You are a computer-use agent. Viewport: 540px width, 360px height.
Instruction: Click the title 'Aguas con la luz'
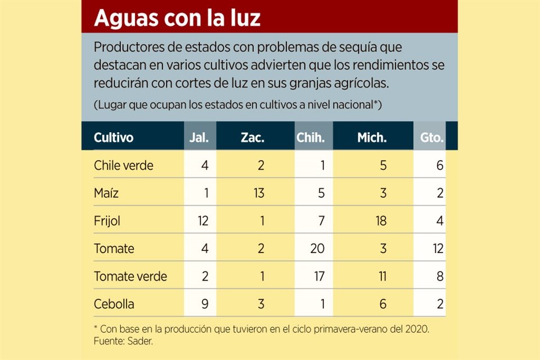(177, 18)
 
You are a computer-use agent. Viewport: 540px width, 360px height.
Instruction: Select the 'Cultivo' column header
(114, 137)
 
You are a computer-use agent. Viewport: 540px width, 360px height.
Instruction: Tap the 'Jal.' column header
(200, 137)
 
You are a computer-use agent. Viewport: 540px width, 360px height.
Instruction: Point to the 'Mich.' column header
(372, 137)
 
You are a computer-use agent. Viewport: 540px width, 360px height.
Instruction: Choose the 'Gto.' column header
(432, 137)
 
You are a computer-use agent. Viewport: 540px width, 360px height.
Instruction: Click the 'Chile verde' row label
(123, 165)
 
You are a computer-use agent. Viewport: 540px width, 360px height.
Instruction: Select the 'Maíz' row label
(107, 193)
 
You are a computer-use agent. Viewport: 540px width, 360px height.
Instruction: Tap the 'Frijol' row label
(107, 220)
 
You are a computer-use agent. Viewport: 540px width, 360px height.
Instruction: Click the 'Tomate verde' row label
(130, 276)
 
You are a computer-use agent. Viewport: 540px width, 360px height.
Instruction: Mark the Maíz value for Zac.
(258, 193)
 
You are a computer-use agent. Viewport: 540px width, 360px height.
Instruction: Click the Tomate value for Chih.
(317, 248)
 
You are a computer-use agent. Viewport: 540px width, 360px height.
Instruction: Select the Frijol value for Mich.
(381, 220)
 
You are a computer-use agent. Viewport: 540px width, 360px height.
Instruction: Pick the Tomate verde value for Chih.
(318, 276)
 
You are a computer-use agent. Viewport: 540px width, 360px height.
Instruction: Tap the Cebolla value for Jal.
(204, 304)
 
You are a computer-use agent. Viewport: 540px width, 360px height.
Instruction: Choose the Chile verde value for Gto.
(439, 165)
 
